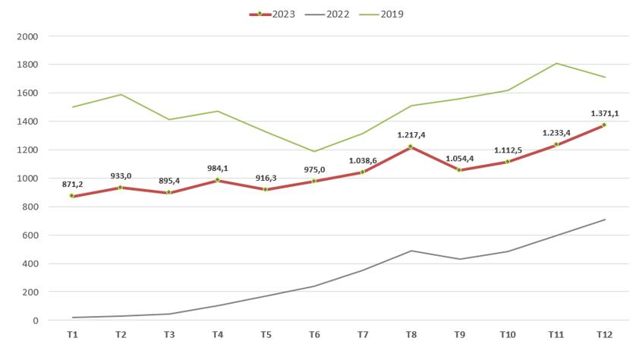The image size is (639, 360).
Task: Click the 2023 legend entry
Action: tap(272, 14)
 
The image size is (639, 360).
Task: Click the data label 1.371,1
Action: tap(604, 113)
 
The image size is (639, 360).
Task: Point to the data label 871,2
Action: tap(72, 185)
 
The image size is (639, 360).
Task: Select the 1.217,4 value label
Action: tap(411, 134)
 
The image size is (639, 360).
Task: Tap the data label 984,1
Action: tap(217, 169)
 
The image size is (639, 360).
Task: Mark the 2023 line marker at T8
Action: tap(411, 147)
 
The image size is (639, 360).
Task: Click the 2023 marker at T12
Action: tap(604, 125)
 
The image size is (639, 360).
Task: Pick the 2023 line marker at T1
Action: tap(72, 196)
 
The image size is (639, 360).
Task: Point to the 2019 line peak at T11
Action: tap(556, 63)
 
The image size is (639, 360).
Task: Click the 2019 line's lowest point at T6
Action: tap(313, 151)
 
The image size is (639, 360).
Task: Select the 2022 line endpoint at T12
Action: tap(604, 219)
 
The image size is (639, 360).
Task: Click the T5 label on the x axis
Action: tap(266, 335)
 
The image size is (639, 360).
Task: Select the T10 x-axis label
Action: tap(507, 335)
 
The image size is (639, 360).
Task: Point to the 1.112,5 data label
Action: tap(507, 150)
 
